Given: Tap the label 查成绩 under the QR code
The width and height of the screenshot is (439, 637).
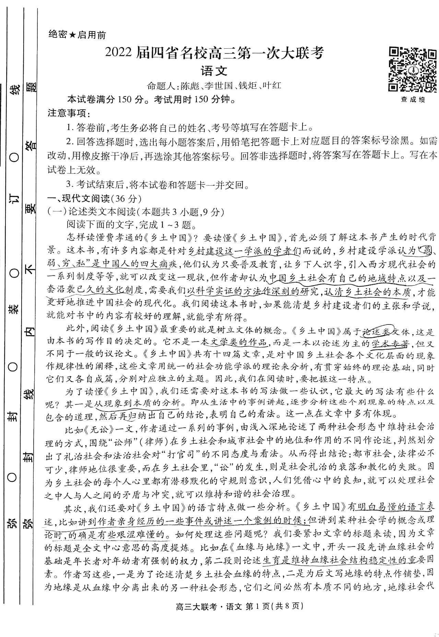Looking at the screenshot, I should [413, 100].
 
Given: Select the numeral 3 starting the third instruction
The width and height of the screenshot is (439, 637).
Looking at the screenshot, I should [69, 185].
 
